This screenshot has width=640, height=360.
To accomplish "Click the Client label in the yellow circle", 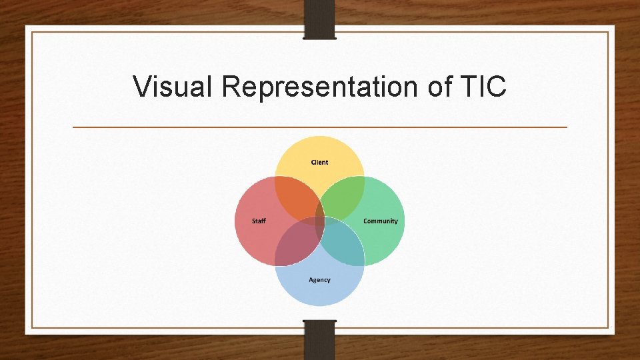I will click(x=319, y=162).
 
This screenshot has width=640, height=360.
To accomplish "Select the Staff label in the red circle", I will click(x=259, y=221).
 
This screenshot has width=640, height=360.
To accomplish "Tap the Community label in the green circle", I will click(x=381, y=221).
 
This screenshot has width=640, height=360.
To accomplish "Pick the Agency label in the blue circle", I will click(x=319, y=280).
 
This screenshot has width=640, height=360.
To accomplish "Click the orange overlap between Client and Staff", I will click(x=296, y=198).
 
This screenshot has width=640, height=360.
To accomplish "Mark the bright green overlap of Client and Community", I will click(x=343, y=198).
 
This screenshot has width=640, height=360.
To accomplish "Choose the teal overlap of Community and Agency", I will click(x=343, y=244).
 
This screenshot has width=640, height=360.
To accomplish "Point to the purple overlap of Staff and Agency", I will click(x=296, y=244).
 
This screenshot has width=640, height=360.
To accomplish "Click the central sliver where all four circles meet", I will click(x=320, y=221).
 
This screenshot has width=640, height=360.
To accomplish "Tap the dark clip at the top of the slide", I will click(x=319, y=19).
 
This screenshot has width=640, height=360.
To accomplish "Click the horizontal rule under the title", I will click(x=319, y=127).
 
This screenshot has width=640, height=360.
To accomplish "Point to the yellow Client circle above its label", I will click(x=319, y=148).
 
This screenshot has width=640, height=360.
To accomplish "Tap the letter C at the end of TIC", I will click(x=496, y=87).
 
